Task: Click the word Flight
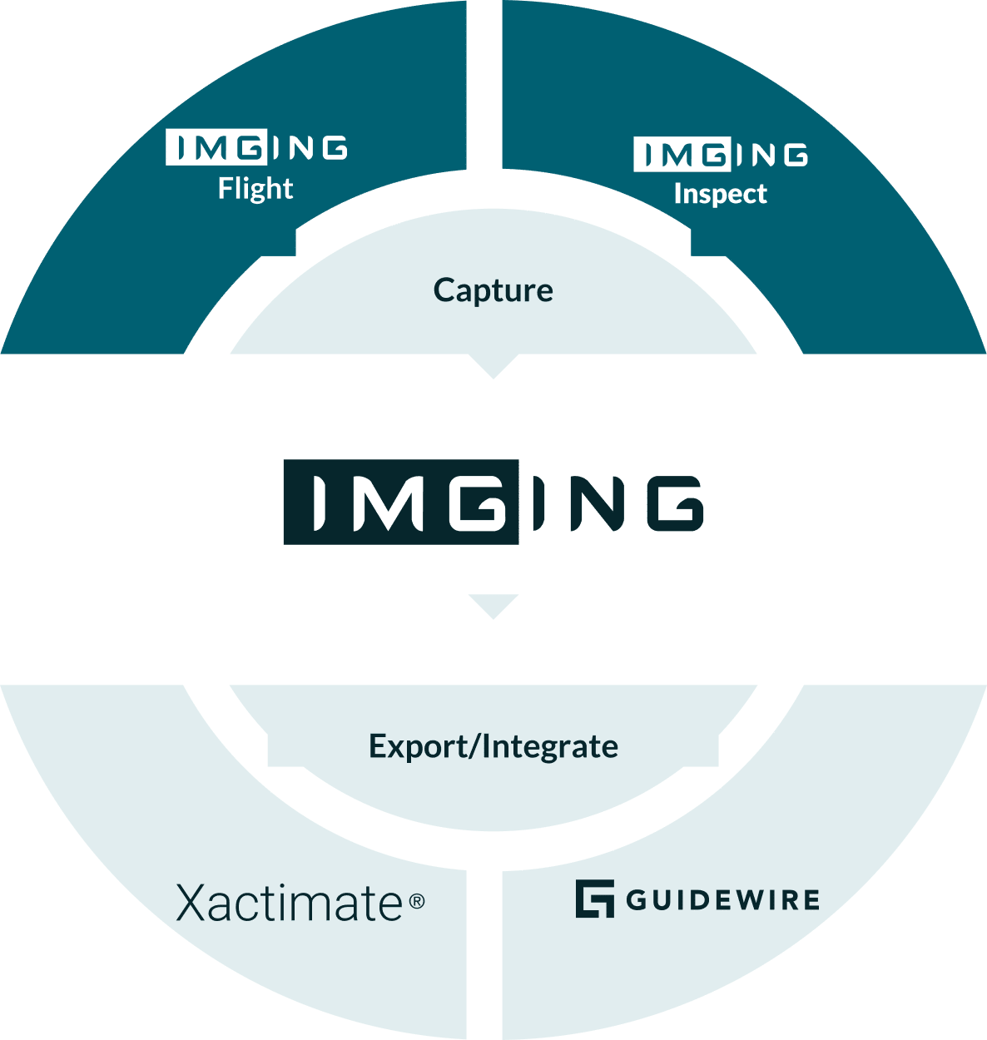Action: [255, 189]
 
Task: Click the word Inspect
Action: [720, 194]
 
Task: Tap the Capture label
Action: [493, 290]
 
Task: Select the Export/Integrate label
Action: [493, 746]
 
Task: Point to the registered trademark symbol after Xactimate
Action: [417, 900]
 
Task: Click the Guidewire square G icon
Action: [594, 899]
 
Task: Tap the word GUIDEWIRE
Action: [722, 900]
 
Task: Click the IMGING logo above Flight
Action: [256, 147]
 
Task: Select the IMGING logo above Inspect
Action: [720, 155]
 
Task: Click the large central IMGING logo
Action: [493, 503]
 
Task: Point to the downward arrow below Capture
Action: [493, 366]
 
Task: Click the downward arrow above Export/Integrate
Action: [493, 606]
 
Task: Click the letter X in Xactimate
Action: [192, 903]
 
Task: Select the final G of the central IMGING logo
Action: [674, 503]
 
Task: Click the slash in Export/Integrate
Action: [474, 746]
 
